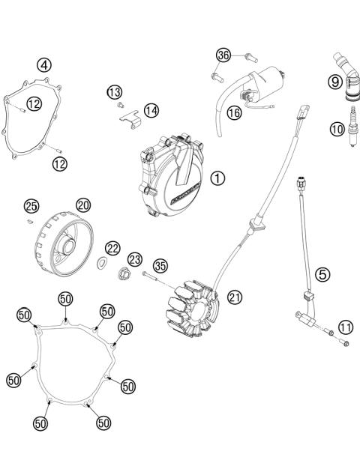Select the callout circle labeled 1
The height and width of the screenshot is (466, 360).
(217, 178)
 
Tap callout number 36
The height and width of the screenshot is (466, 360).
(223, 55)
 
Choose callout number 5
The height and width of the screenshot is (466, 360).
(323, 274)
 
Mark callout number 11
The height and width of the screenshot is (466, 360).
(345, 327)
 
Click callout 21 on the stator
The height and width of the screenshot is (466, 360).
(235, 297)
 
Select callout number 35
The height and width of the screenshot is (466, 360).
(160, 266)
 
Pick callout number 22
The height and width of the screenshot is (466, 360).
(112, 248)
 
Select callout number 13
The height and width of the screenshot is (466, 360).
(114, 91)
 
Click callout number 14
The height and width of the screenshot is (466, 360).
(151, 110)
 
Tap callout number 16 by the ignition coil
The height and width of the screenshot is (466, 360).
(233, 113)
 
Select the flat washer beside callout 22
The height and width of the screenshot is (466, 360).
(98, 263)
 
